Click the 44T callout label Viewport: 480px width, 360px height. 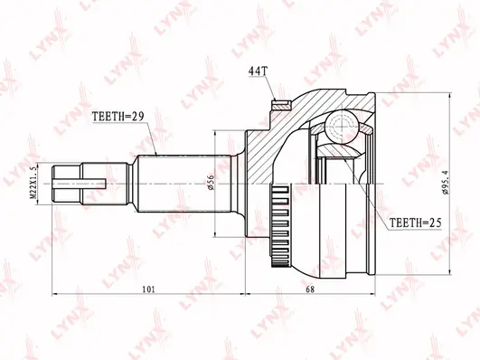click(x=258, y=71)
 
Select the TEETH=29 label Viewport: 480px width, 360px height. click(x=118, y=117)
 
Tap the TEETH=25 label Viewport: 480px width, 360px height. click(x=415, y=223)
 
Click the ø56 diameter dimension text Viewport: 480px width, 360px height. click(x=211, y=183)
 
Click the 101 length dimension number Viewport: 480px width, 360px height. click(x=149, y=289)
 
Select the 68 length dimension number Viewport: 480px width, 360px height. click(x=310, y=289)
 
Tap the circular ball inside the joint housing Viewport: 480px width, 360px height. click(x=342, y=126)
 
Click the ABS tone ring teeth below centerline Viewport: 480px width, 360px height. click(x=280, y=226)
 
